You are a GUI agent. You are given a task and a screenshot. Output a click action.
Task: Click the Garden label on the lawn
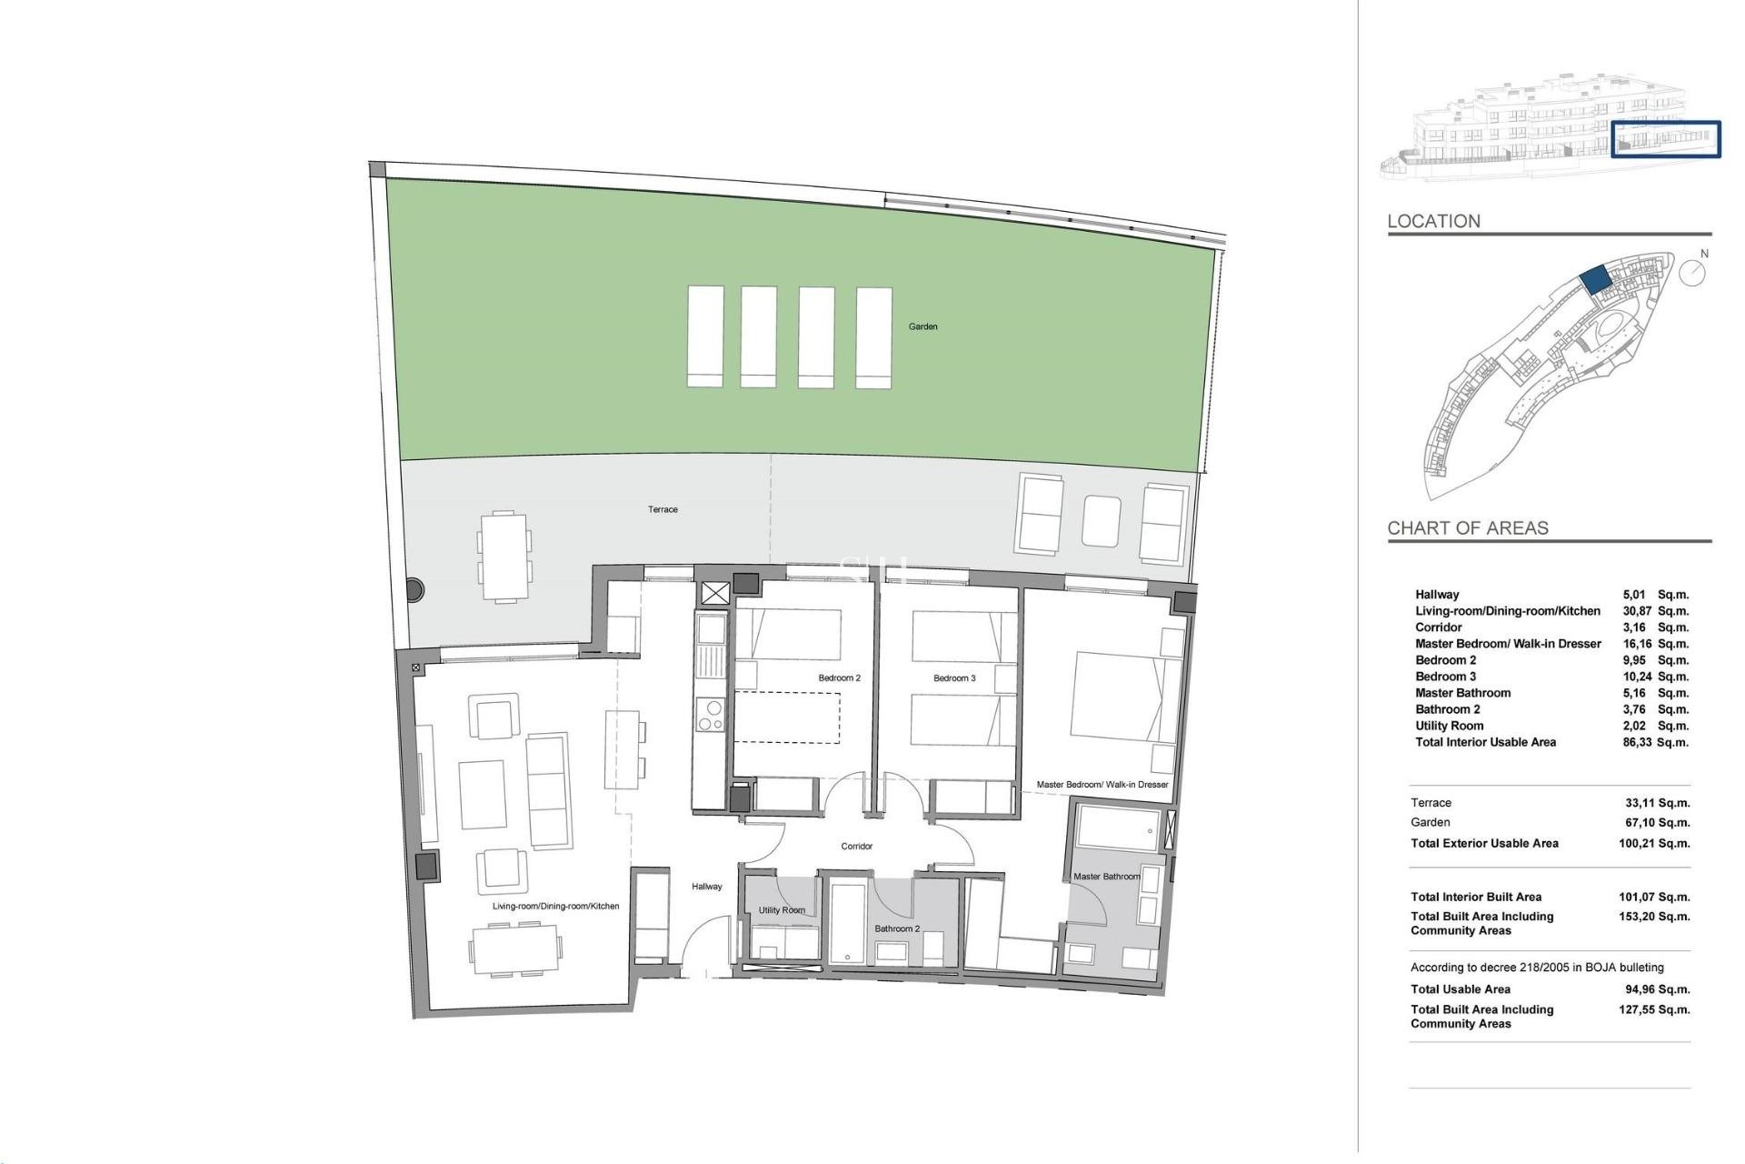coord(922,326)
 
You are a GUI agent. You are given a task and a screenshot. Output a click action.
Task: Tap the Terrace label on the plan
coord(663,509)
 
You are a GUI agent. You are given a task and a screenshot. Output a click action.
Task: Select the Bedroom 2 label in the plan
coord(839,677)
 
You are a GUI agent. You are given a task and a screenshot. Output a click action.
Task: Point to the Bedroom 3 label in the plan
coord(954,677)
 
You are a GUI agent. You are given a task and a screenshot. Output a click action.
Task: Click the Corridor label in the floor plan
coord(856,846)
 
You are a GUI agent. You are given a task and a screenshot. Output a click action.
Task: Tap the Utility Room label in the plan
coord(782,909)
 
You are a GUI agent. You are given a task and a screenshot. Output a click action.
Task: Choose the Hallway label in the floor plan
coord(706,886)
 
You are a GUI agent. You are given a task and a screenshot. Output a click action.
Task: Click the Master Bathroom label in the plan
coord(1106,877)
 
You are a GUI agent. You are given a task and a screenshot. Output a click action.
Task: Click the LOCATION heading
coord(1433,221)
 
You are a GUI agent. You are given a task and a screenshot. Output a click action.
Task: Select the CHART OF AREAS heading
coord(1467,527)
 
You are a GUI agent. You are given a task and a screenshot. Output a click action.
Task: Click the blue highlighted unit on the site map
coord(1595,279)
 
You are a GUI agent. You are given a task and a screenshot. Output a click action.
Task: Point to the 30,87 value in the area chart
coord(1637,611)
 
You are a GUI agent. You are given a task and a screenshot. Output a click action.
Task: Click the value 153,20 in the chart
coord(1636,917)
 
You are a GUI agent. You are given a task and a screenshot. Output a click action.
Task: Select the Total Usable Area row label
coord(1460,989)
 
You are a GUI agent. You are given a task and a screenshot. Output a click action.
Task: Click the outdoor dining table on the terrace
coord(504,557)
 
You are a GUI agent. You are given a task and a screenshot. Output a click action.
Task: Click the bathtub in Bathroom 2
coord(849,920)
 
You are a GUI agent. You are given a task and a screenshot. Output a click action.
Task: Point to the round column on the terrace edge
coord(414,589)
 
